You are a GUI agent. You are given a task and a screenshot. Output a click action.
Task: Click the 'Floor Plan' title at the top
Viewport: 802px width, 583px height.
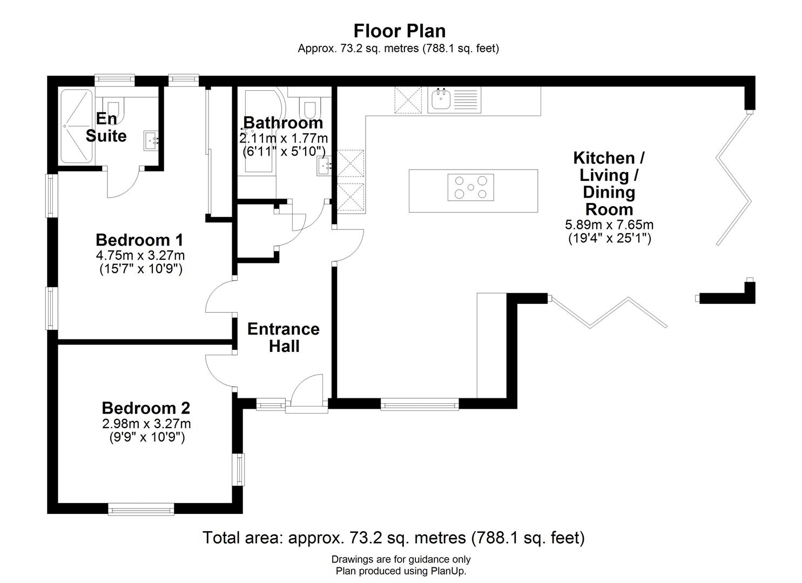pos(399,31)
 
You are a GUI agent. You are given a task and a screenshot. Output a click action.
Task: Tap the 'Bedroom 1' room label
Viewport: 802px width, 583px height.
pos(139,240)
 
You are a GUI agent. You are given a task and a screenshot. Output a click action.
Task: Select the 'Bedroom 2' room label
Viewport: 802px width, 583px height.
pos(146,408)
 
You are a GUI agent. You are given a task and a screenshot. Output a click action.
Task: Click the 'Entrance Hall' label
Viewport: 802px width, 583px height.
pos(284,337)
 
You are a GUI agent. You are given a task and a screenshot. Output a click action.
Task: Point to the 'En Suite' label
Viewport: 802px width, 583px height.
pos(106,127)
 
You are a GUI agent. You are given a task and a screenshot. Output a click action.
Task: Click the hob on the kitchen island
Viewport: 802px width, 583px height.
pos(470,187)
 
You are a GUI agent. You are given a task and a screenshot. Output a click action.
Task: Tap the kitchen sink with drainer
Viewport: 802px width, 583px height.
pos(454,100)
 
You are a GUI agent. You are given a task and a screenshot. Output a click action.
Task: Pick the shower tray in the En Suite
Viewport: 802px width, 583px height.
pos(77,126)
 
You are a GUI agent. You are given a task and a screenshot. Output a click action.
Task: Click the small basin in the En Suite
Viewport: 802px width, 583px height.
pos(151,140)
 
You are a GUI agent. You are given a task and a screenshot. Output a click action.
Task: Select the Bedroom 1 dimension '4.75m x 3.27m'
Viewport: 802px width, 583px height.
pos(140,255)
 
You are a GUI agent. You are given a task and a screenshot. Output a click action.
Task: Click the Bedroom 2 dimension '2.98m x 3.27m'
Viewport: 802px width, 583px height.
pos(146,424)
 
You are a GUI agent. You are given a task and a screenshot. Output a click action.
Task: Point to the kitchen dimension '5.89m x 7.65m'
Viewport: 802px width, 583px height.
pos(609,225)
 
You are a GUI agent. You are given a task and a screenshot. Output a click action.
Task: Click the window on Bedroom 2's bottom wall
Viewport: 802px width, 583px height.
pos(141,509)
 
